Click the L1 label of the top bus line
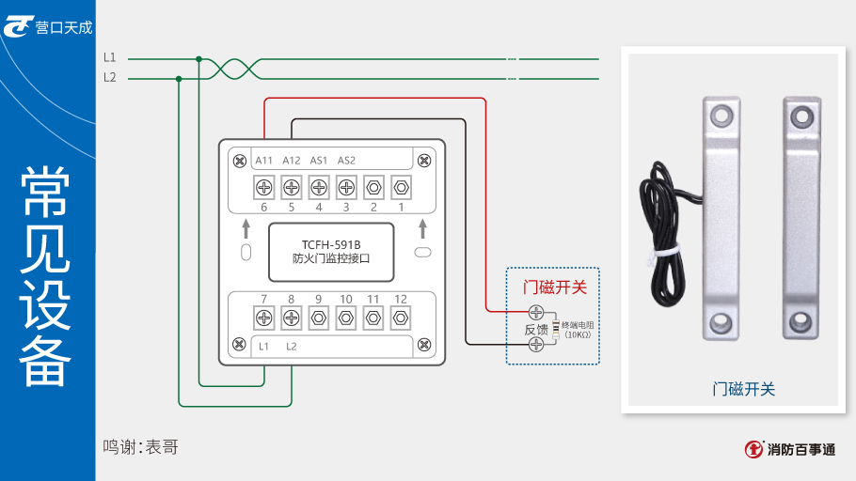(x=110, y=58)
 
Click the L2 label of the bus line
(x=110, y=77)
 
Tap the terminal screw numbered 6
(x=264, y=187)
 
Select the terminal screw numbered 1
(x=401, y=187)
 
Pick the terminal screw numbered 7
(x=264, y=318)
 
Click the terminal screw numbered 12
(x=401, y=318)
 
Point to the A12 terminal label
(x=292, y=160)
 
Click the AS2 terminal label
(x=346, y=160)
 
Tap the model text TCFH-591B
(x=331, y=243)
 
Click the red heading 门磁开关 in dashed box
(x=555, y=287)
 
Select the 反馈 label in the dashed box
(x=536, y=329)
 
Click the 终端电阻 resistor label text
(x=579, y=325)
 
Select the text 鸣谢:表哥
(x=140, y=447)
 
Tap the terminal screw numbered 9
(x=319, y=318)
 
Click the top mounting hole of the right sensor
(x=801, y=116)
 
